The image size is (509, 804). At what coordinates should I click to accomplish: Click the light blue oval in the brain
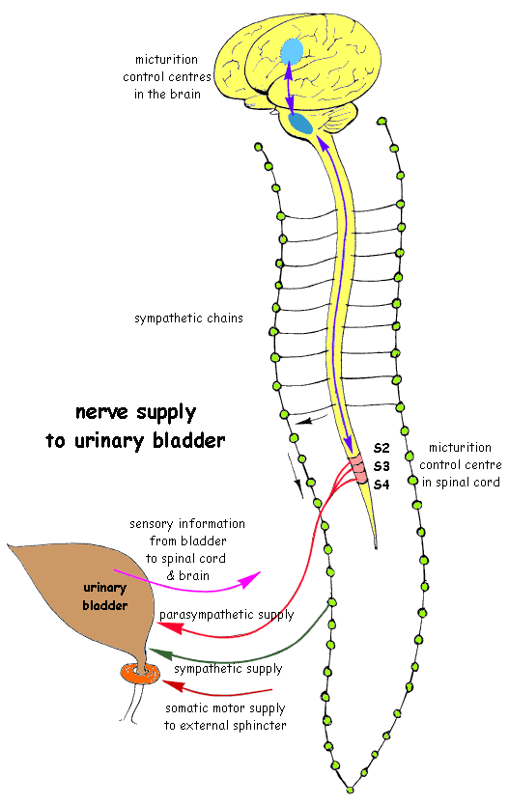pyautogui.click(x=292, y=51)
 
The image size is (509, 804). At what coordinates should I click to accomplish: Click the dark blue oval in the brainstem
pyautogui.click(x=300, y=124)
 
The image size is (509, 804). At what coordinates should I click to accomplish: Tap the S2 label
pyautogui.click(x=382, y=448)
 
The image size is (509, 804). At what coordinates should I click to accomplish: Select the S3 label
pyautogui.click(x=382, y=466)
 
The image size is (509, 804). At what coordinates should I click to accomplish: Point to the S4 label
pyautogui.click(x=382, y=485)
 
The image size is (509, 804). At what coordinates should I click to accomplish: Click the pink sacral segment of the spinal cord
pyautogui.click(x=359, y=469)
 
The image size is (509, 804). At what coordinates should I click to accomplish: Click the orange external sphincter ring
pyautogui.click(x=140, y=672)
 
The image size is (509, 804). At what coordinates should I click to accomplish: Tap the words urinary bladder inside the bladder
pyautogui.click(x=104, y=596)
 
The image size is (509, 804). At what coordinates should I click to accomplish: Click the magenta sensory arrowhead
pyautogui.click(x=250, y=580)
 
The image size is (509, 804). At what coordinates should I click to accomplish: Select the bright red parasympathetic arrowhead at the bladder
pyautogui.click(x=171, y=627)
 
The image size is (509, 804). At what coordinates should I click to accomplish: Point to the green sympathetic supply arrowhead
pyautogui.click(x=159, y=653)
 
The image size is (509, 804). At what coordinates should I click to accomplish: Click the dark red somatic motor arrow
pyautogui.click(x=220, y=686)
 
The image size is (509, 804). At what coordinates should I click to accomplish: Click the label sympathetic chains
pyautogui.click(x=188, y=319)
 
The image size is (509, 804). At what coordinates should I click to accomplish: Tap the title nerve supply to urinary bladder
pyautogui.click(x=135, y=427)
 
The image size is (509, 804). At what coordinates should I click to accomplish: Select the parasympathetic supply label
pyautogui.click(x=226, y=615)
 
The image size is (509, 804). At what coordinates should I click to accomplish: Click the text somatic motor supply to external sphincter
pyautogui.click(x=225, y=717)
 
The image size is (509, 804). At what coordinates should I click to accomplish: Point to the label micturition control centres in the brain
pyautogui.click(x=167, y=77)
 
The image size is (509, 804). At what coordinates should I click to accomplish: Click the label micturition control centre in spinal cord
pyautogui.click(x=460, y=465)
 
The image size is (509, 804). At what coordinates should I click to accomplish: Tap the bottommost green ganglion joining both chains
pyautogui.click(x=351, y=790)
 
